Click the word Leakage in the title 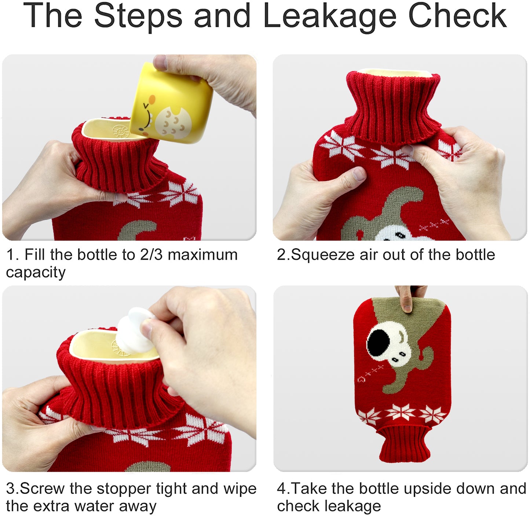pos(329,16)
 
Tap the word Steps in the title pos(138,16)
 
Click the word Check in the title pos(457,15)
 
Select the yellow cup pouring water pos(171,103)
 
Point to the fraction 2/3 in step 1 pos(151,255)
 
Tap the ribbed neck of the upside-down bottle pos(404,443)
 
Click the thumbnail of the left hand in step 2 pos(359,174)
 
